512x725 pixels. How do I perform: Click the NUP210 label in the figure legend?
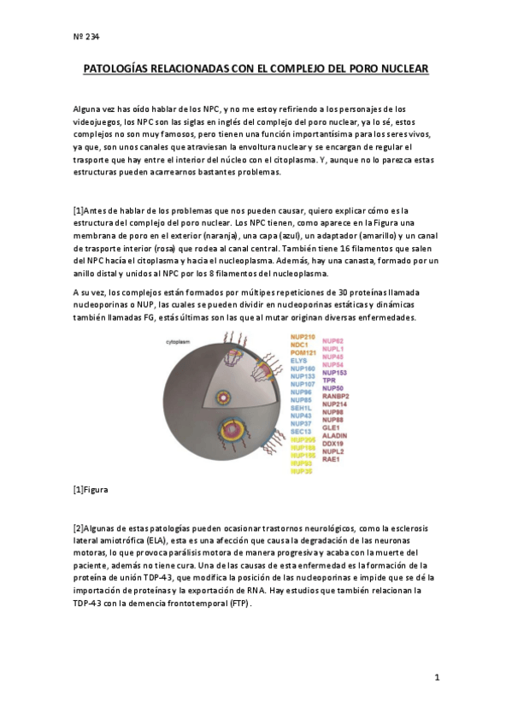[303, 337]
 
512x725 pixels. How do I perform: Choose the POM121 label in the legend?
[303, 352]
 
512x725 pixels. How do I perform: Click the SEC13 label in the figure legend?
[302, 431]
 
